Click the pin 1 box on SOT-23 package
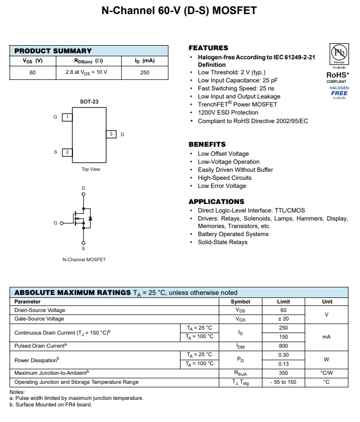coord(67,117)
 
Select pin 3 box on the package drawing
coord(111,134)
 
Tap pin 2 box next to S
coord(67,152)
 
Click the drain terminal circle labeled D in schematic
coord(83,194)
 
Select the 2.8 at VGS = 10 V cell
coord(86,72)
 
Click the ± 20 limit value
coord(283,319)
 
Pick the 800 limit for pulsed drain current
coord(283,346)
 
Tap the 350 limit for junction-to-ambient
coord(283,373)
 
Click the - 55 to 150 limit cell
coord(283,382)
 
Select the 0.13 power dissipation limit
coord(283,364)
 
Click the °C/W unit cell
coord(326,373)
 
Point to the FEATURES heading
coord(208,48)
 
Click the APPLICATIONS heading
coord(216,201)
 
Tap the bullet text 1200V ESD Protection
coord(228,113)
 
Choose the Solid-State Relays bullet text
coord(222,242)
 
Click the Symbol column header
coord(240,301)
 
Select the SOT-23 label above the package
coord(89,101)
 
